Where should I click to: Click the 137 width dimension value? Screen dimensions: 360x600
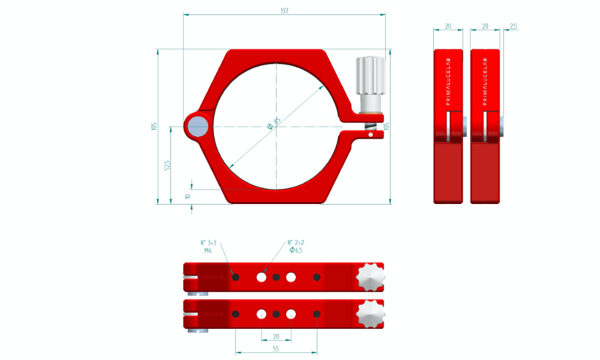[284, 11]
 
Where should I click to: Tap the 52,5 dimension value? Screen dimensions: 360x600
[168, 165]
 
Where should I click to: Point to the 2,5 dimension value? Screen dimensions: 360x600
[512, 26]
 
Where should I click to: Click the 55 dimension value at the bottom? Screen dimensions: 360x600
[276, 348]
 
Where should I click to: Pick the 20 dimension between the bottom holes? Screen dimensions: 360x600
[276, 337]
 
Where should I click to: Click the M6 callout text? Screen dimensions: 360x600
[208, 251]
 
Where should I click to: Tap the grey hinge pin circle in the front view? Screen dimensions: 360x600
[197, 127]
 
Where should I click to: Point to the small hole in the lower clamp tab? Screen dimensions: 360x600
[371, 135]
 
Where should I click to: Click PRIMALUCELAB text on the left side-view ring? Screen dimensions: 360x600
[448, 82]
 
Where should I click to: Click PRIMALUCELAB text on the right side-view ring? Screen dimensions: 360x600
[485, 82]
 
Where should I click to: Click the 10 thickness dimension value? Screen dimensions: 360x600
[188, 196]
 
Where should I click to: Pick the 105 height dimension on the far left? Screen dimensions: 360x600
[154, 126]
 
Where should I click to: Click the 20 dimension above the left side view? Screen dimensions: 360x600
[448, 26]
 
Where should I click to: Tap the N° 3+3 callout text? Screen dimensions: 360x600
[208, 243]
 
